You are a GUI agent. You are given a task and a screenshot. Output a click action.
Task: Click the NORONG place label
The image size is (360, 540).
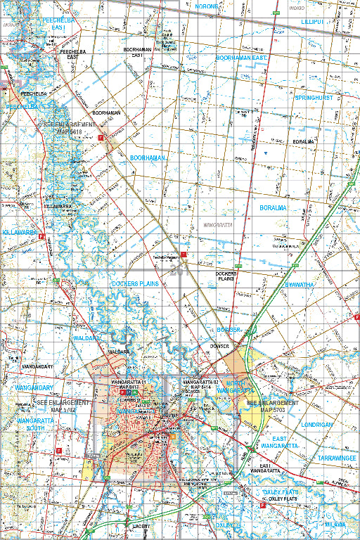pyautogui.click(x=207, y=6)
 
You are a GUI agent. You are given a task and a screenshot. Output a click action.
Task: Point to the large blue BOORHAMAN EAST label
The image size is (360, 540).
pyautogui.click(x=243, y=58)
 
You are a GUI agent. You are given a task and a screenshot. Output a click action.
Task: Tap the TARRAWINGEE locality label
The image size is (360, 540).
pyautogui.click(x=336, y=457)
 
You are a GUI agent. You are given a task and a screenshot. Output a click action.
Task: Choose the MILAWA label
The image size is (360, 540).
pyautogui.click(x=335, y=525)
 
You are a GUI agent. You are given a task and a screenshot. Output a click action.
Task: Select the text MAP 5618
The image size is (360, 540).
pyautogui.click(x=70, y=131)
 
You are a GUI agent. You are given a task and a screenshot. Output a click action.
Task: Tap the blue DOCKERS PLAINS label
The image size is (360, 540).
pyautogui.click(x=135, y=283)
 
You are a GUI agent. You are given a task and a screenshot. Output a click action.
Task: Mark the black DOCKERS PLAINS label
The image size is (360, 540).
pyautogui.click(x=225, y=276)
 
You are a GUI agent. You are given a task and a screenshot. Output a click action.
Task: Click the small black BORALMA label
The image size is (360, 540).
pyautogui.click(x=303, y=141)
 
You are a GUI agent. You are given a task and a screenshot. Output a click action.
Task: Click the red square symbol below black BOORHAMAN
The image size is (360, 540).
pyautogui.click(x=101, y=138)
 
